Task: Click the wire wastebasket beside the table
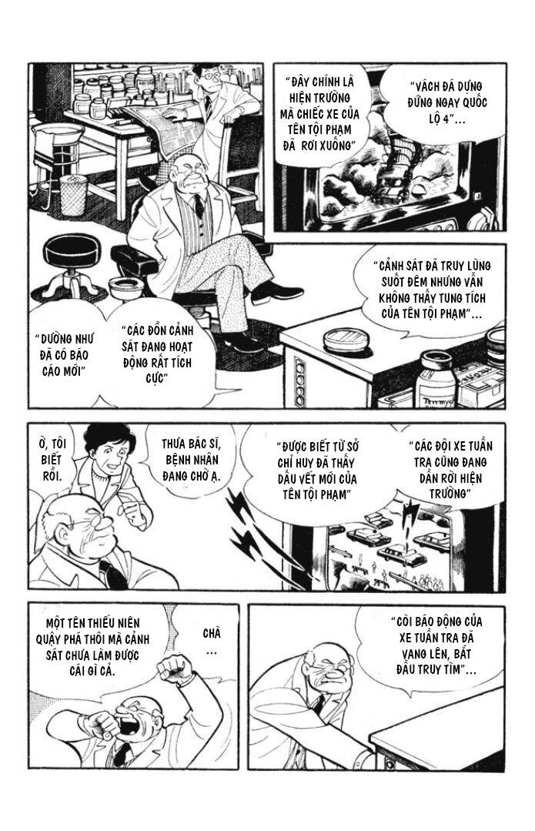coord(73,195)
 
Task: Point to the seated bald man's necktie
coord(199,206)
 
